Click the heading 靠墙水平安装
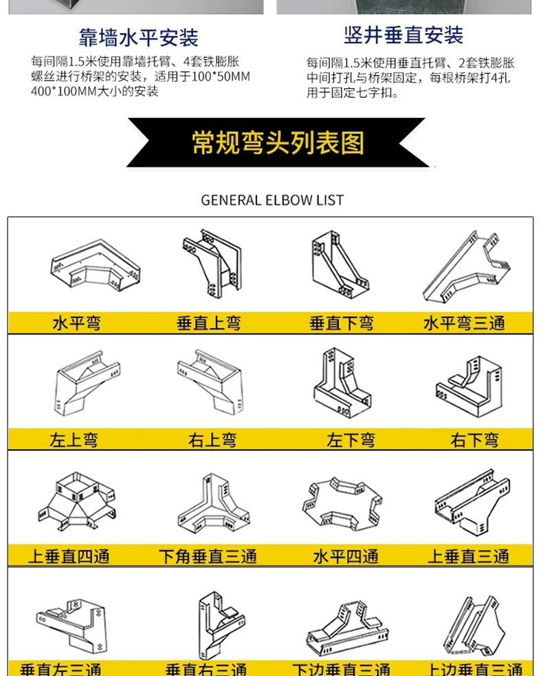click(138, 37)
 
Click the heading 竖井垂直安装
click(403, 34)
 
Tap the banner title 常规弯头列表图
click(278, 143)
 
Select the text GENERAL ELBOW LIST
click(272, 200)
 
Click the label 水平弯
click(76, 323)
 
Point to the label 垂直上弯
click(209, 323)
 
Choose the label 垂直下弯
click(342, 323)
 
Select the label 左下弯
click(351, 440)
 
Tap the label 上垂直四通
click(69, 556)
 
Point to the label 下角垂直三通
click(207, 556)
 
